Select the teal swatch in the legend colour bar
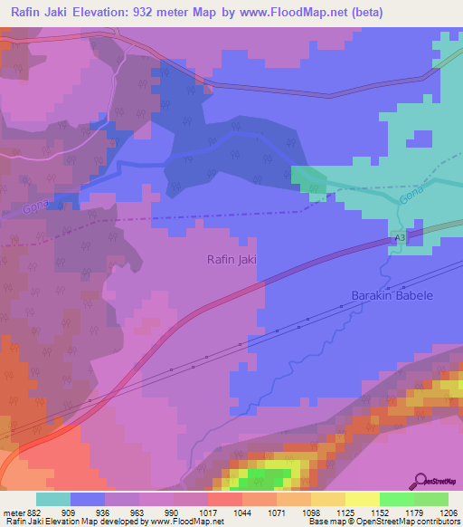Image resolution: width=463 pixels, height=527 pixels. coord(53,499)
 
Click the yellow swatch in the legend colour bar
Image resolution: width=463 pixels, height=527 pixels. coord(363,499)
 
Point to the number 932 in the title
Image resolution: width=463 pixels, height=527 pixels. coord(146,13)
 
